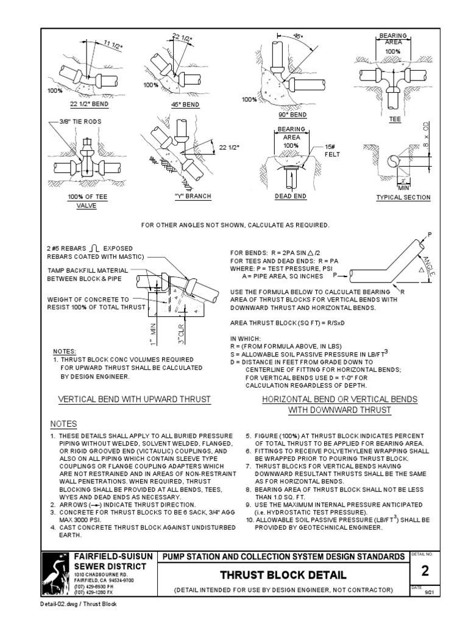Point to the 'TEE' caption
[x=395, y=120]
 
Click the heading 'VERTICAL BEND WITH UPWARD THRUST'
[x=133, y=399]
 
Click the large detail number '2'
[x=425, y=570]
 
